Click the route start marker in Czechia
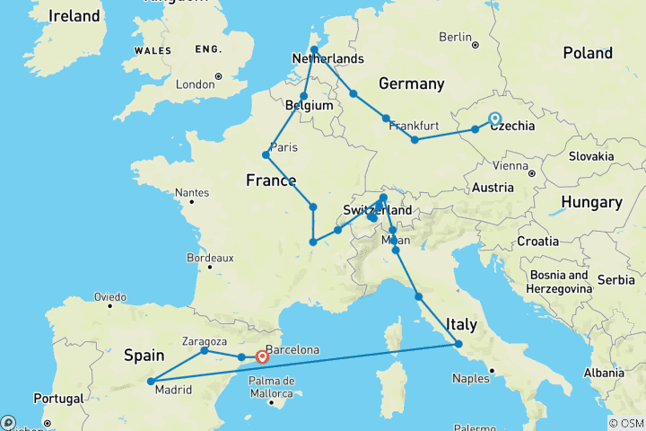494,119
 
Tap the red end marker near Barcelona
262,357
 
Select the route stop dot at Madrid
150,382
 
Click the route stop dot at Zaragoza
205,350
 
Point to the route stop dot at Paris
266,154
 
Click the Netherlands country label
327,59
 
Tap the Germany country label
411,84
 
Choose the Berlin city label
456,37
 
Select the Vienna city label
509,166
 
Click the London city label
196,84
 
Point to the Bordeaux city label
211,257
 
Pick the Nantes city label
192,192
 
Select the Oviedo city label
109,296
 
